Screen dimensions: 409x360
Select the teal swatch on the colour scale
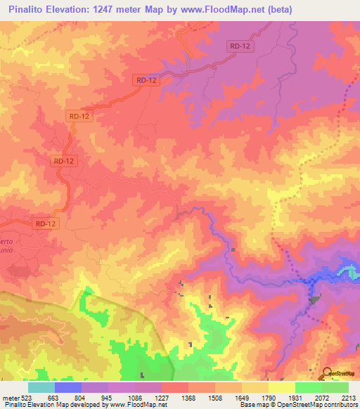(41, 387)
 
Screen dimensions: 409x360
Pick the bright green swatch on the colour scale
(309, 387)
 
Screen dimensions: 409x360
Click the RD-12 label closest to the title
(240, 46)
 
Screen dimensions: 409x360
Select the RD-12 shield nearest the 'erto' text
(44, 223)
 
